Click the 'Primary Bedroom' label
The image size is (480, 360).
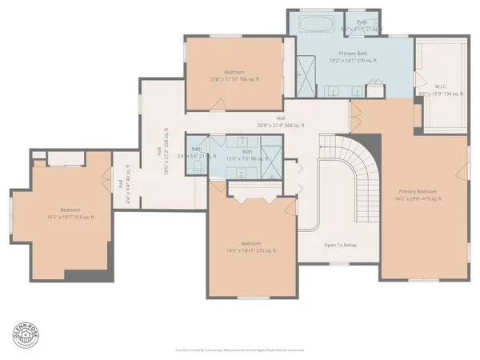(x=418, y=192)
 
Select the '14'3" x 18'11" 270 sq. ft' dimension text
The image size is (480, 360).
(x=251, y=250)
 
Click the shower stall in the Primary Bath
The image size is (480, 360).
(x=306, y=68)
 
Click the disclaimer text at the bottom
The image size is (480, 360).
(x=240, y=349)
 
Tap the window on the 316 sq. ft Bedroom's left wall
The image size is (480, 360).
(x=10, y=212)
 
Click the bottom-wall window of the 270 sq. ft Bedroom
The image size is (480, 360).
(x=251, y=298)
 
